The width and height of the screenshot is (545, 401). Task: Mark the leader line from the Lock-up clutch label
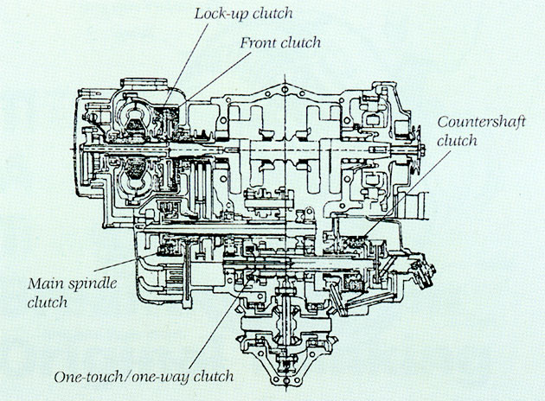(x=188, y=54)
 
